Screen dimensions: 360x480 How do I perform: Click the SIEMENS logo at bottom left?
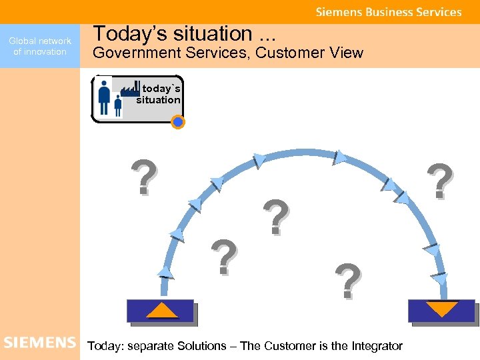click(40, 343)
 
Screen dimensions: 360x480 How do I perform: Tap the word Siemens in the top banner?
click(337, 12)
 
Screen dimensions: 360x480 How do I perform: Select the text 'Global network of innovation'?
click(40, 46)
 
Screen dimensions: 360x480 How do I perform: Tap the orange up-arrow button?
click(161, 310)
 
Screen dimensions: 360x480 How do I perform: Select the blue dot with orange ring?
click(177, 122)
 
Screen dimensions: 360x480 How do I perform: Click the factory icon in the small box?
click(130, 89)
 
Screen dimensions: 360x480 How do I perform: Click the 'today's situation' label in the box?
click(159, 94)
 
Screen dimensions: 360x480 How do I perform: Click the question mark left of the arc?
click(145, 177)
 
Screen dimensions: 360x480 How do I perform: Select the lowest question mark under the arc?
click(348, 281)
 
